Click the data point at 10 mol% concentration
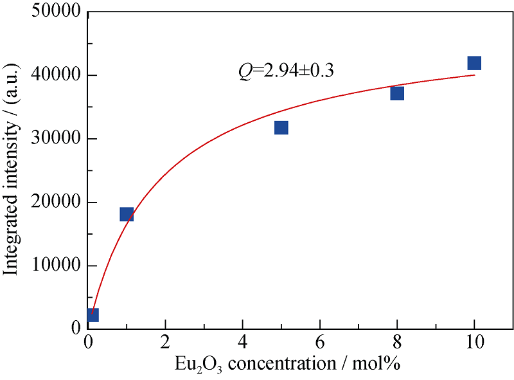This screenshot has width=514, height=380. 474,63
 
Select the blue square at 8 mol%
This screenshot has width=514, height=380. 397,94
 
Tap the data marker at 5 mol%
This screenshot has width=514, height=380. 281,128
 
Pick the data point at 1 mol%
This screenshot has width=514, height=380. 127,214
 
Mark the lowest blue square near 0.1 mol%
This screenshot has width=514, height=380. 92,314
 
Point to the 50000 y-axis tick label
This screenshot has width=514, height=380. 55,13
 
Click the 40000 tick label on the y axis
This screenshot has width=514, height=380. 55,76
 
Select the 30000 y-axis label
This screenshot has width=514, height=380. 55,139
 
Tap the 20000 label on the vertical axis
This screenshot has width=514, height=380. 55,203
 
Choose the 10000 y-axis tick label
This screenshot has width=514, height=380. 55,266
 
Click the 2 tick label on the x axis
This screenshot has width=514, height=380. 166,342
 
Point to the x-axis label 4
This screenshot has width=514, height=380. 243,342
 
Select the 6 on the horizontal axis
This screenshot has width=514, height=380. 320,342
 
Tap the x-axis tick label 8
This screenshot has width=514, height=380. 397,342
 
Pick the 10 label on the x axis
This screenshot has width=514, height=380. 474,342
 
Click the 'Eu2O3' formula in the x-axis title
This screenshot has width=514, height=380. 195,365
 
